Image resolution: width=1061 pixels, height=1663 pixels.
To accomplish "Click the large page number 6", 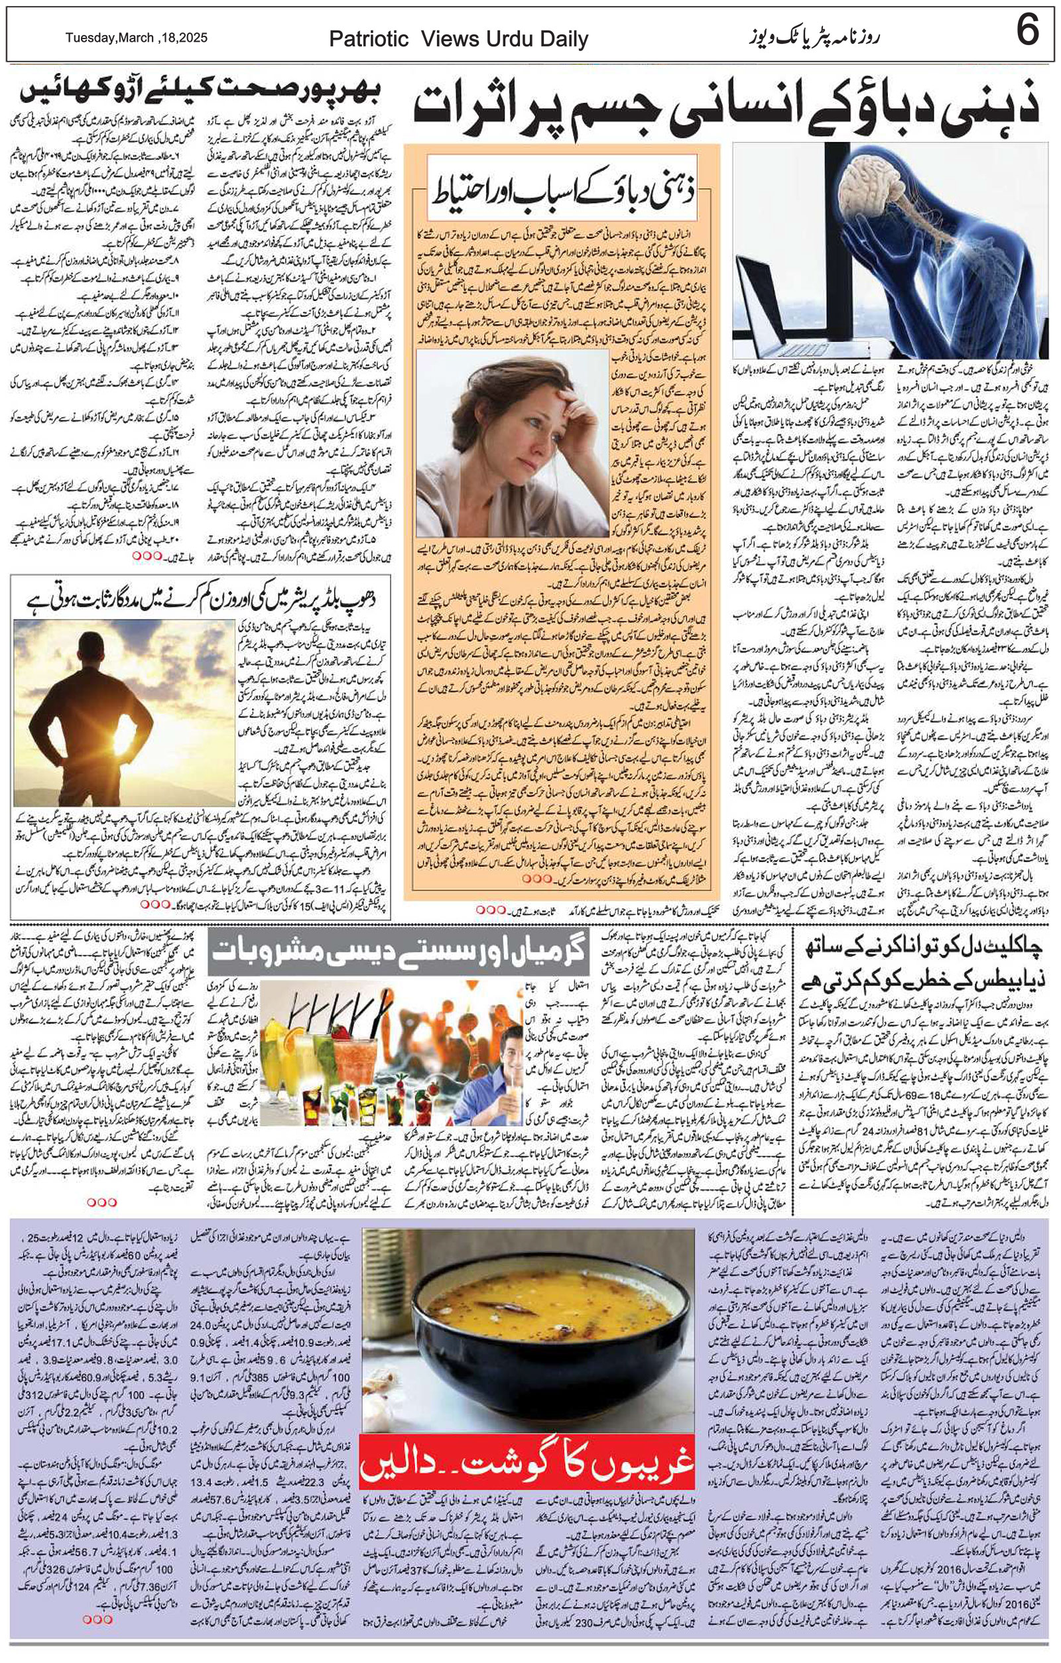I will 1027,33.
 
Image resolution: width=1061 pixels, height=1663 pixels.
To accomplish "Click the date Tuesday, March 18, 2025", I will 136,38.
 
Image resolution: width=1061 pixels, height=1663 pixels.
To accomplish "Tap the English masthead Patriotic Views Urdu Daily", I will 459,39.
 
